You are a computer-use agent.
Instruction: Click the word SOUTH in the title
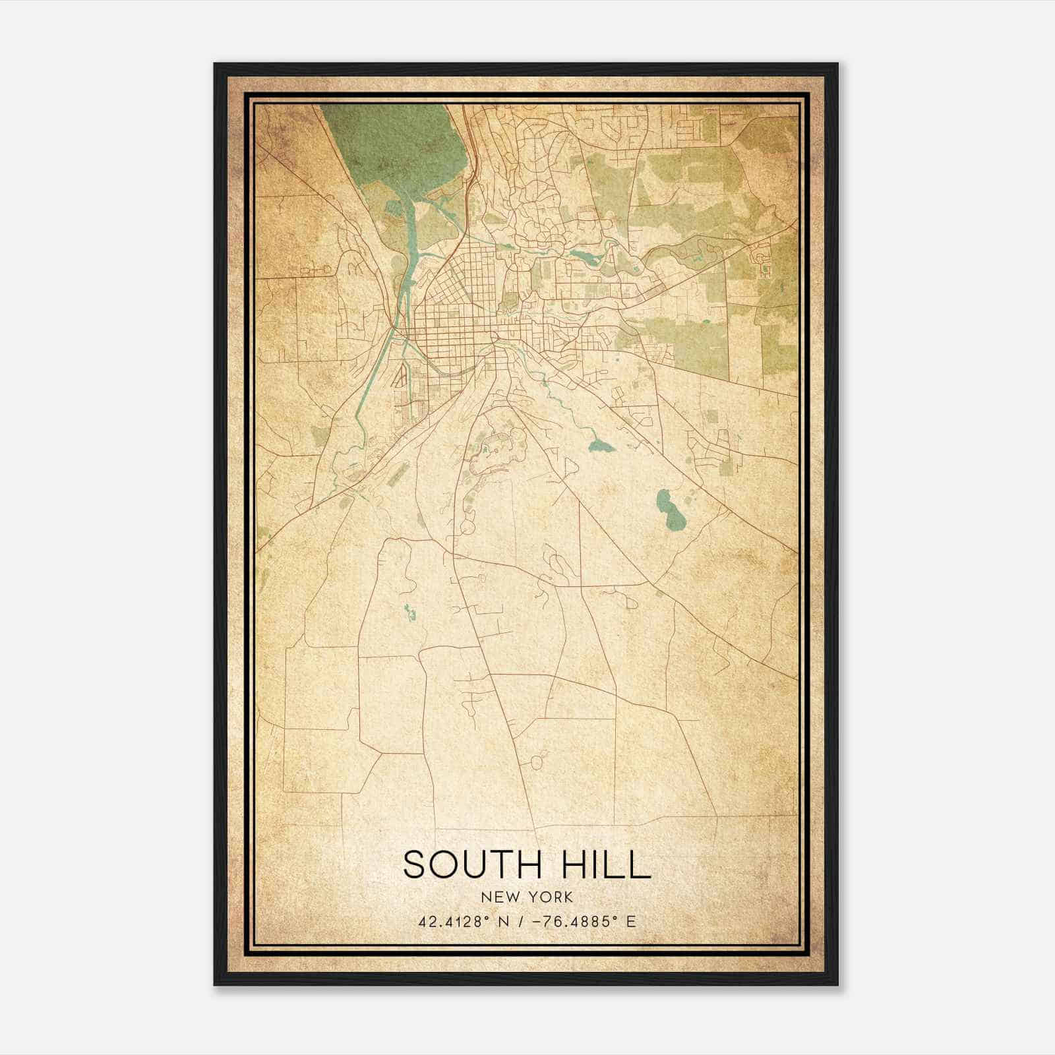pos(469,865)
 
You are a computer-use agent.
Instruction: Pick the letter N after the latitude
pos(504,921)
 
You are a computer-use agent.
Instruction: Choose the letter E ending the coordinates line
pos(631,921)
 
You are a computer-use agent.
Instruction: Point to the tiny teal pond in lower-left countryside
pos(409,613)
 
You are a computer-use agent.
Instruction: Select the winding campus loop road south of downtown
pos(491,455)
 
